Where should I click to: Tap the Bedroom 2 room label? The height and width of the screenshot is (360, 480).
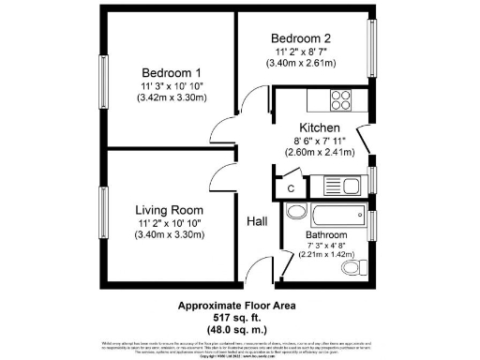click(x=301, y=38)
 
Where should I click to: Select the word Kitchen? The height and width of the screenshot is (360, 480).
click(x=319, y=127)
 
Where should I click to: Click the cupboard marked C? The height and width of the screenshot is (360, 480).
click(x=291, y=187)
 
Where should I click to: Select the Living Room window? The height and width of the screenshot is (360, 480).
click(x=104, y=214)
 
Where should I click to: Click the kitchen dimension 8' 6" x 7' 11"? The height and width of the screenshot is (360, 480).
click(x=319, y=141)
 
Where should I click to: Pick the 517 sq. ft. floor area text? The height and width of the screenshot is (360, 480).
click(x=240, y=318)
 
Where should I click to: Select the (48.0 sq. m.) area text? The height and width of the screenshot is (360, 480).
click(x=240, y=330)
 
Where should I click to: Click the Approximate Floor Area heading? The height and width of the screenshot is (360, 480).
click(x=240, y=306)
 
